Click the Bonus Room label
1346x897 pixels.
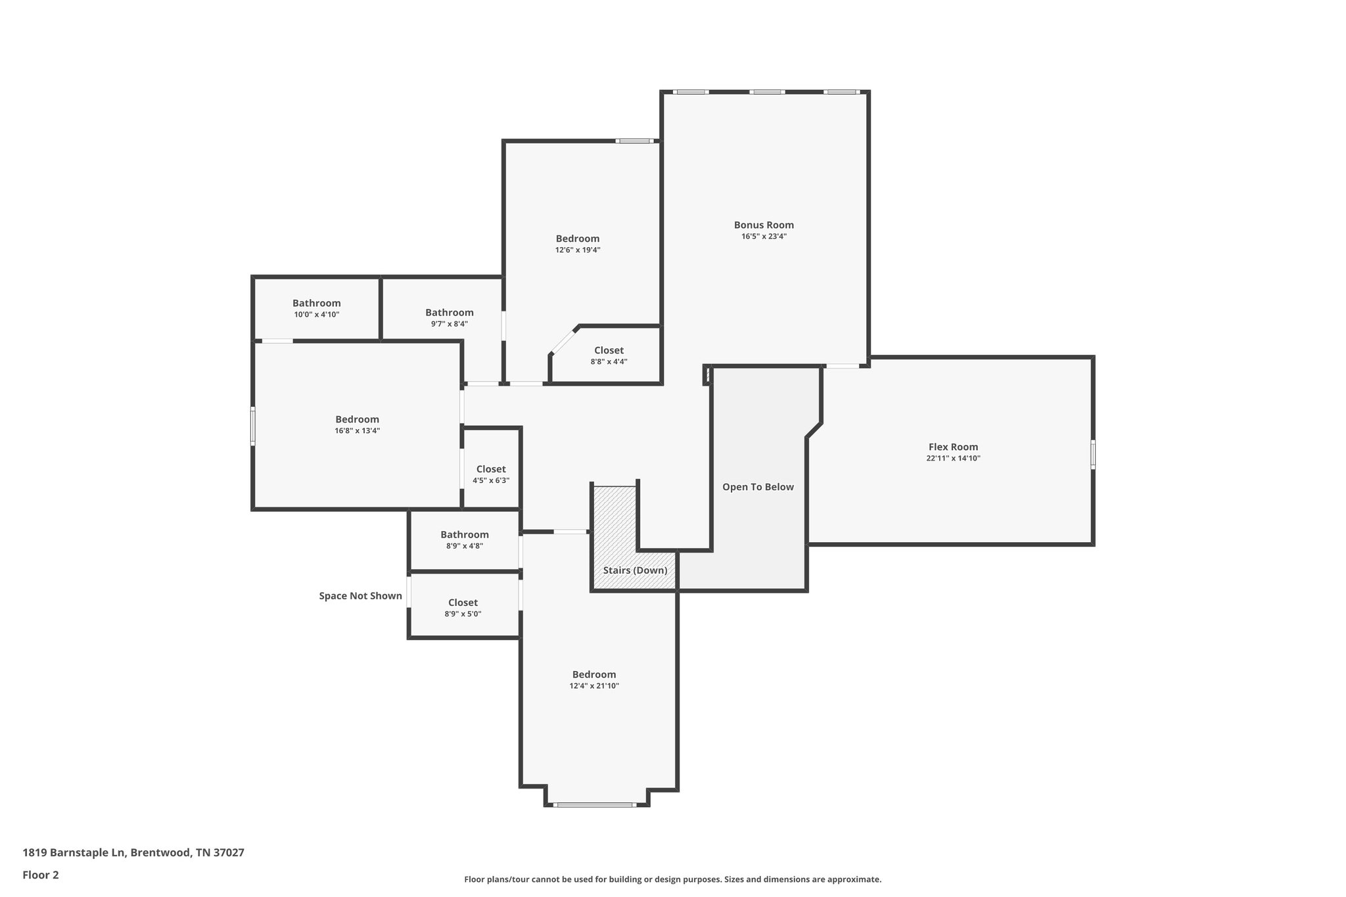coord(764,225)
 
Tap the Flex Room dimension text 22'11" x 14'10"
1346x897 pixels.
coord(953,459)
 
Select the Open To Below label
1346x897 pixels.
coord(758,487)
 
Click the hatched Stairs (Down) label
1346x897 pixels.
coord(635,570)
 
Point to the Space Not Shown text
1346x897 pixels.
coord(360,596)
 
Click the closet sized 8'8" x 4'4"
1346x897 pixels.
coord(609,356)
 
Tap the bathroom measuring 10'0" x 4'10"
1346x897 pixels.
coord(316,308)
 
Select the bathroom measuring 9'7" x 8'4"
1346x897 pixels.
coord(449,317)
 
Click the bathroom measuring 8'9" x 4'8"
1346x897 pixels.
coord(464,540)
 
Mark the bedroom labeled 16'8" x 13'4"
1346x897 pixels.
coord(357,425)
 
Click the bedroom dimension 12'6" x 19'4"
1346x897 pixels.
coord(578,250)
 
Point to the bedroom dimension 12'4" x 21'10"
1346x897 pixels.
coord(594,686)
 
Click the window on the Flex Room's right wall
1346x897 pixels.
coord(1093,454)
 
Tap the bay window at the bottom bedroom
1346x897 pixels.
coord(594,804)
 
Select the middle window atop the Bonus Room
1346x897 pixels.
coord(768,92)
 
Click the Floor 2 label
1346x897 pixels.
coord(41,875)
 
